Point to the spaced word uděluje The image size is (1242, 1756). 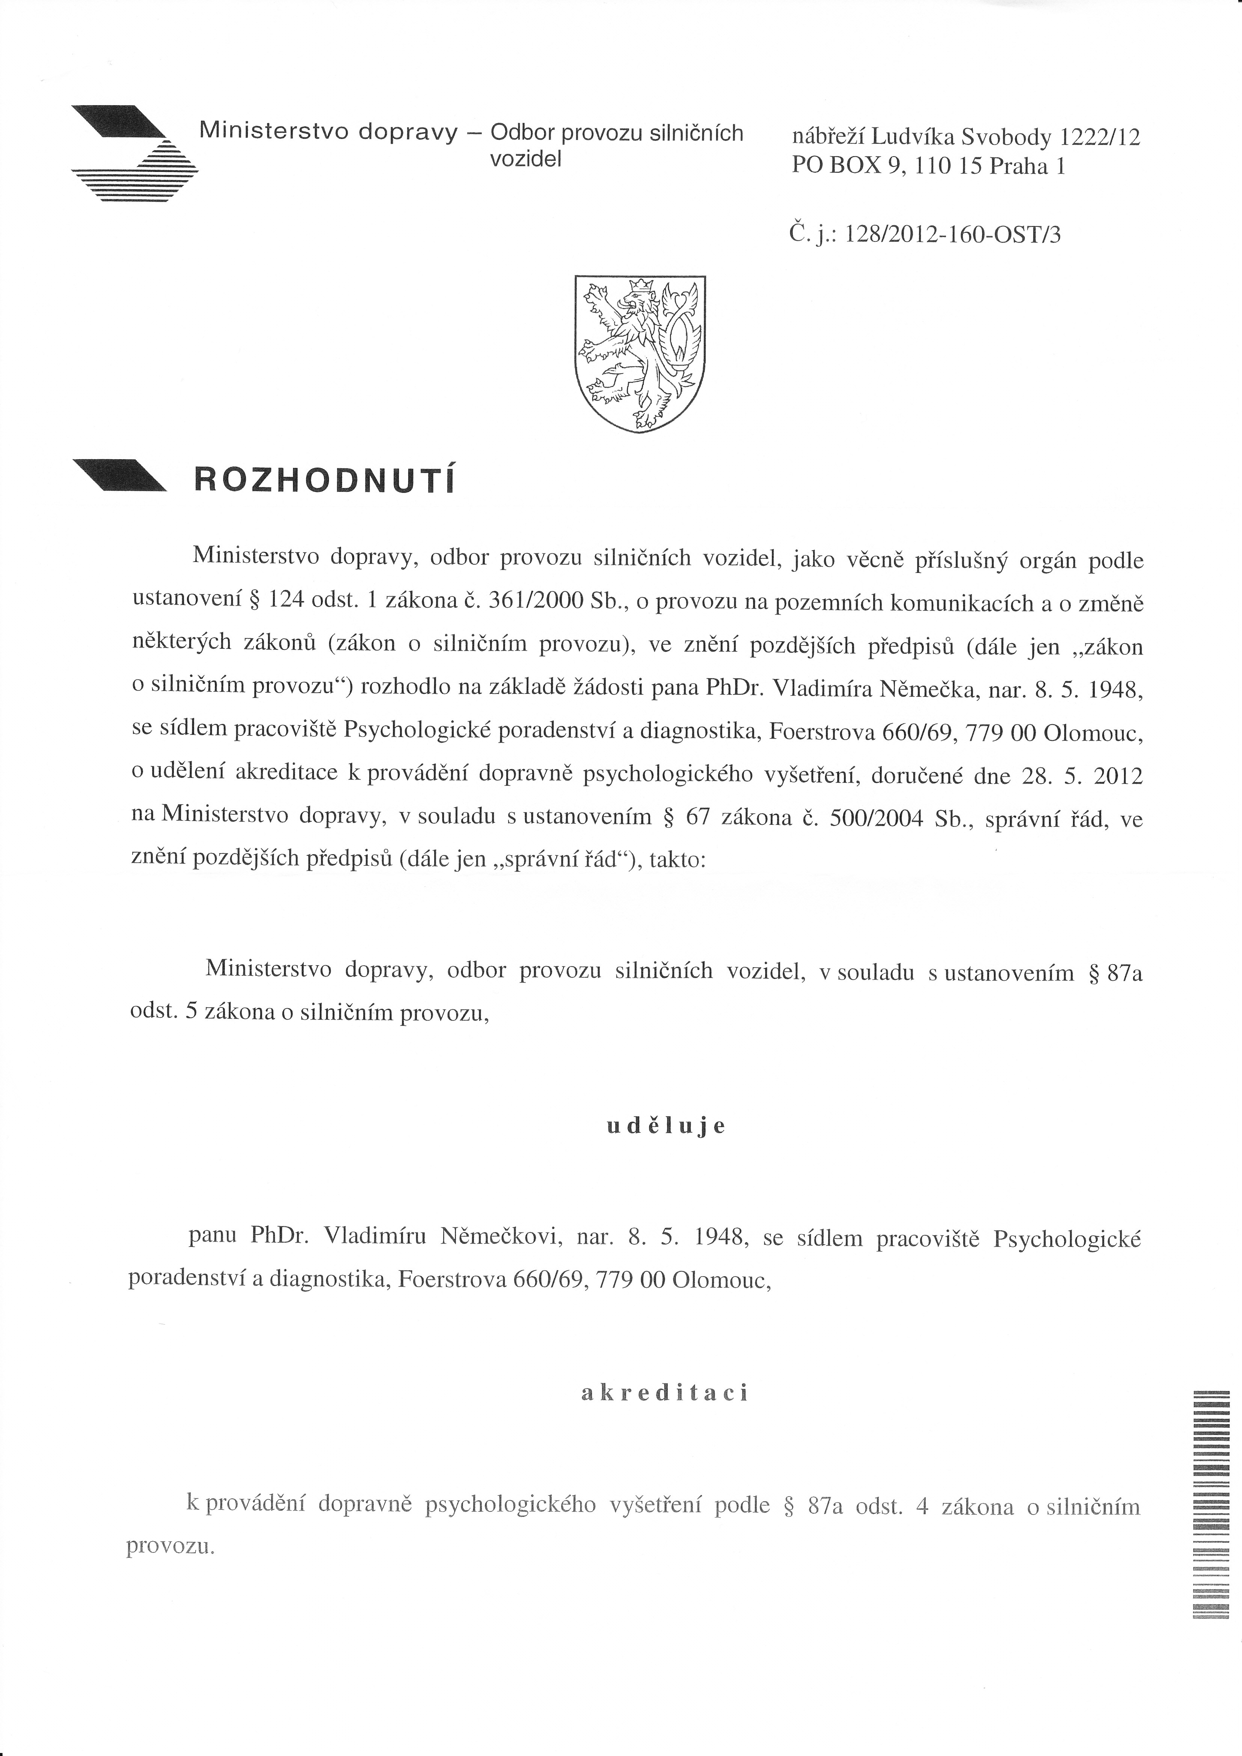665,1127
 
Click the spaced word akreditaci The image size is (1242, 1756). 664,1393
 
